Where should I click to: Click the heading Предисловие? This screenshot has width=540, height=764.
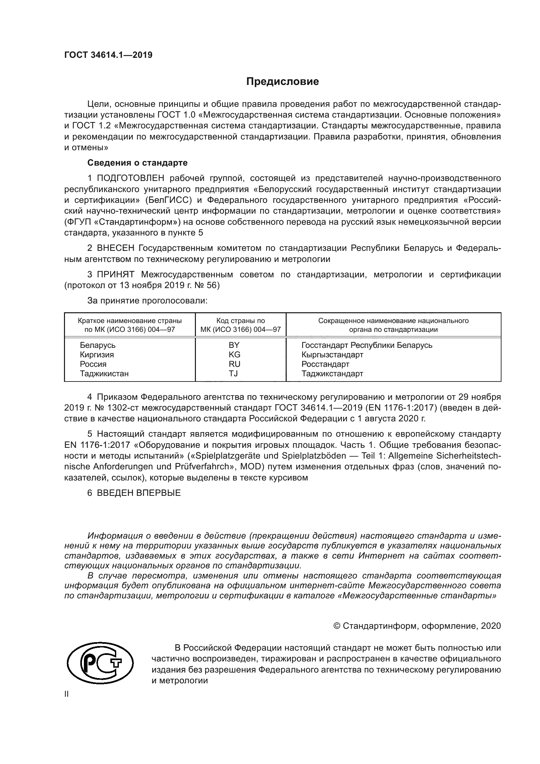coord(282,81)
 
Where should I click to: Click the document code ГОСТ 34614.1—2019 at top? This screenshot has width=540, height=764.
coord(108,55)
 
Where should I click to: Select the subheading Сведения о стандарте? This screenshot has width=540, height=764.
coord(137,163)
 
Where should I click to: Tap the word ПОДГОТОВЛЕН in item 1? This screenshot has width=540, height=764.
coord(130,178)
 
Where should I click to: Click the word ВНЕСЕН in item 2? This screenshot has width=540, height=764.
coord(115,248)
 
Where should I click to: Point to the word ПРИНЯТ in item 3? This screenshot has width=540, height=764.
coord(115,274)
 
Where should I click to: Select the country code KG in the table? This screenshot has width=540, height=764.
coord(234,354)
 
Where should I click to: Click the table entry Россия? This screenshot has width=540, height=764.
coord(93,364)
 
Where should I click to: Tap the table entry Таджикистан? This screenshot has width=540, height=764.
coord(104,373)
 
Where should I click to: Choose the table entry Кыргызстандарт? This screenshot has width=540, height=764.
coord(332,354)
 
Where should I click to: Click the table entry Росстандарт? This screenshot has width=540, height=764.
coord(325,364)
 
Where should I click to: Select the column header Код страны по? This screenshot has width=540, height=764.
coord(240,321)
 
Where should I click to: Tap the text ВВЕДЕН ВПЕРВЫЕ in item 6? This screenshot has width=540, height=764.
coord(139,493)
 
